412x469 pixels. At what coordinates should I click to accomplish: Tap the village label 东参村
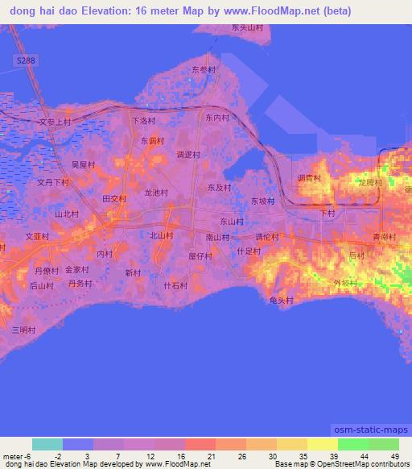pos(204,70)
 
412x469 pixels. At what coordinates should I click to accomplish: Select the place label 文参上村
pos(56,122)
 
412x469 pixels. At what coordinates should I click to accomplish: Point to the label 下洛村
pos(142,121)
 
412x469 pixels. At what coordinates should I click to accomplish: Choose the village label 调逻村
pos(187,155)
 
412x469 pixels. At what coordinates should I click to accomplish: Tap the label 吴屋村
pos(83,164)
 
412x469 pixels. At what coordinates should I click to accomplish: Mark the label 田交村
pos(114,198)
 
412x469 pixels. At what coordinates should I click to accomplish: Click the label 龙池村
pos(155,193)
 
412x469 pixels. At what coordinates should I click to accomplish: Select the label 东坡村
pos(262,201)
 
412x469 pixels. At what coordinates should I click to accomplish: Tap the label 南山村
pos(217,237)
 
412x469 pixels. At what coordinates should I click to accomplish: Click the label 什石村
pos(175,285)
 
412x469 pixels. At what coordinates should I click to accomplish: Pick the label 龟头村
pos(281,300)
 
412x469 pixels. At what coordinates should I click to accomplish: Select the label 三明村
pos(23,330)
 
